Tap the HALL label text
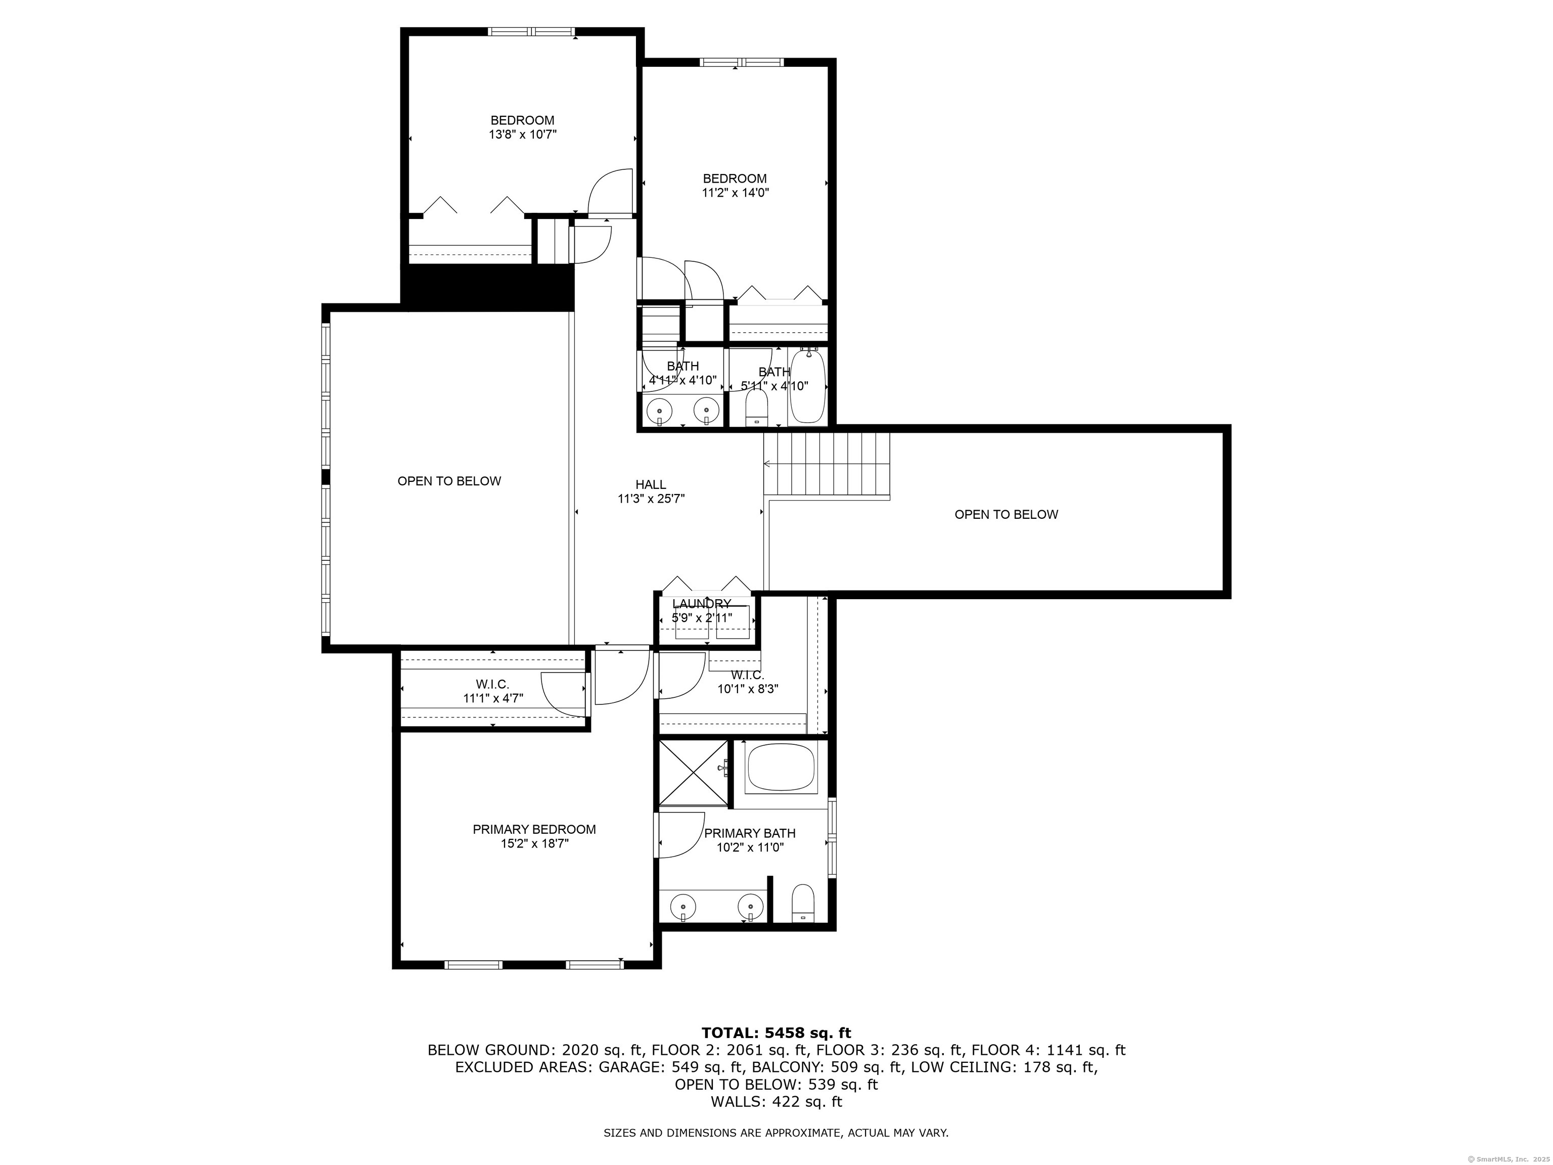point(651,484)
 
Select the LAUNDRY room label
point(701,604)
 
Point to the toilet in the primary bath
point(802,903)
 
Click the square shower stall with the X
point(694,773)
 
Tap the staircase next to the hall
point(827,465)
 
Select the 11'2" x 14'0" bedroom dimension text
point(736,193)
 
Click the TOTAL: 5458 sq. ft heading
point(776,1033)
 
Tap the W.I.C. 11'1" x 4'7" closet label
point(493,691)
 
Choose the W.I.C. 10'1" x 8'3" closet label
point(748,682)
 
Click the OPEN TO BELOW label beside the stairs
point(1006,515)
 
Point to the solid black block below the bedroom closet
point(487,287)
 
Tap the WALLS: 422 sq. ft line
point(776,1102)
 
